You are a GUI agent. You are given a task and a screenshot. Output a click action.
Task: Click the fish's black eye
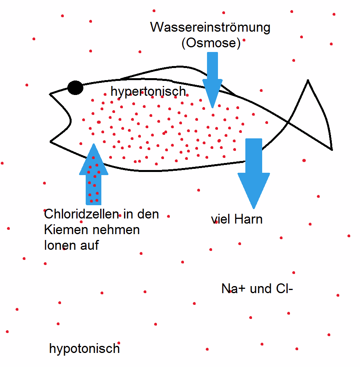pyautogui.click(x=75, y=88)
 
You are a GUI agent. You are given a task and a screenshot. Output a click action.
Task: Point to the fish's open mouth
pyautogui.click(x=63, y=117)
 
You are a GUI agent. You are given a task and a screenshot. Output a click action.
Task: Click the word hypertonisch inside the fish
pyautogui.click(x=148, y=91)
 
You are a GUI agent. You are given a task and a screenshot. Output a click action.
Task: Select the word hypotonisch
pyautogui.click(x=85, y=348)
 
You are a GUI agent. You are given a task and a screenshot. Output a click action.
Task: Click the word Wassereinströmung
pyautogui.click(x=211, y=28)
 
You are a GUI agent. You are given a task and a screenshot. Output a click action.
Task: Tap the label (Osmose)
pyautogui.click(x=211, y=43)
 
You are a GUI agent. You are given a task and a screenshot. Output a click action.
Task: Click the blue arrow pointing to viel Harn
pyautogui.click(x=254, y=172)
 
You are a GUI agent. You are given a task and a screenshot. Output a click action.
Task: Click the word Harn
pyautogui.click(x=248, y=219)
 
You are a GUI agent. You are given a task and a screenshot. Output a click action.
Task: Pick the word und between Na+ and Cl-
pyautogui.click(x=259, y=289)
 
